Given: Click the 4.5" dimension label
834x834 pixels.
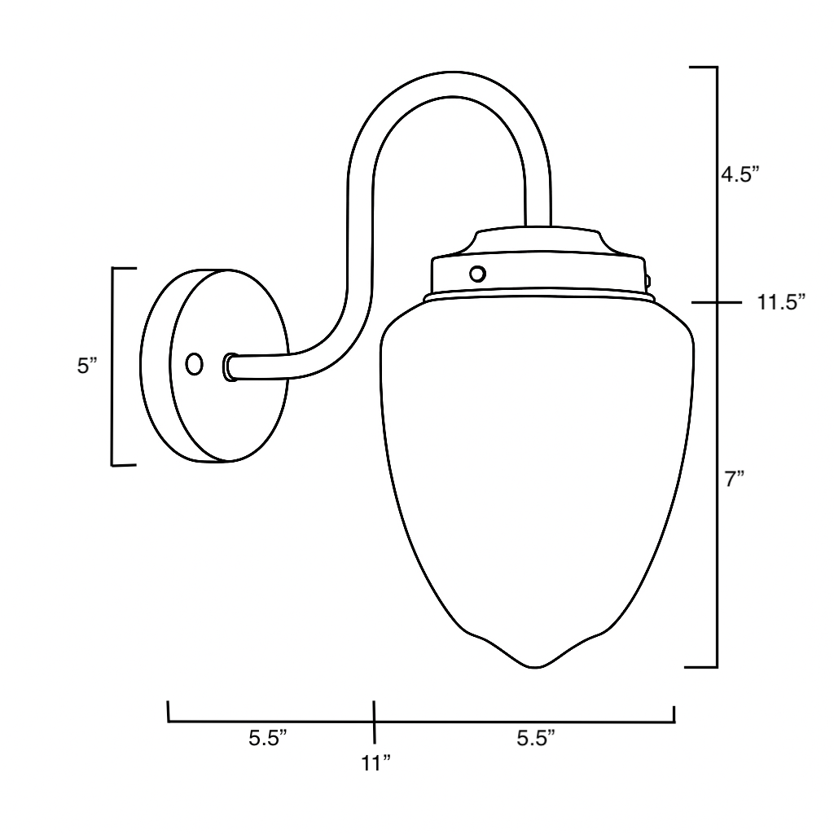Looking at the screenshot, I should [x=740, y=175].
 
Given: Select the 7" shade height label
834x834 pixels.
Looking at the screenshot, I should [x=735, y=480].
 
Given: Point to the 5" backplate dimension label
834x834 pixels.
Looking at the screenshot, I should [x=87, y=366].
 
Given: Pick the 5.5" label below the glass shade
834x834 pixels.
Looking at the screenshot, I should [x=536, y=739].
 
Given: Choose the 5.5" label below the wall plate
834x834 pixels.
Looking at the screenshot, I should [x=269, y=739].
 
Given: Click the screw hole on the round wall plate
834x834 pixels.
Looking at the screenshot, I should [x=194, y=364].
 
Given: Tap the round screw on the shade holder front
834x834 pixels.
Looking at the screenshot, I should [x=479, y=274].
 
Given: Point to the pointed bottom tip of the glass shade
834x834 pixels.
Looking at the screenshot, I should [x=537, y=666].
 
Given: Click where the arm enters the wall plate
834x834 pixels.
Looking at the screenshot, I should [x=230, y=367].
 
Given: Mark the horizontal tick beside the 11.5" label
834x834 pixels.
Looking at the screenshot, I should [x=716, y=303].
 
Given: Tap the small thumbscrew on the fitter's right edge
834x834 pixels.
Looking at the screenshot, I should [x=647, y=279].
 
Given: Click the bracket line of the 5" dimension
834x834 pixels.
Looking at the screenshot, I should [x=112, y=366].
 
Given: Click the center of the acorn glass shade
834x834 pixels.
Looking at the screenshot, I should [x=538, y=481].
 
